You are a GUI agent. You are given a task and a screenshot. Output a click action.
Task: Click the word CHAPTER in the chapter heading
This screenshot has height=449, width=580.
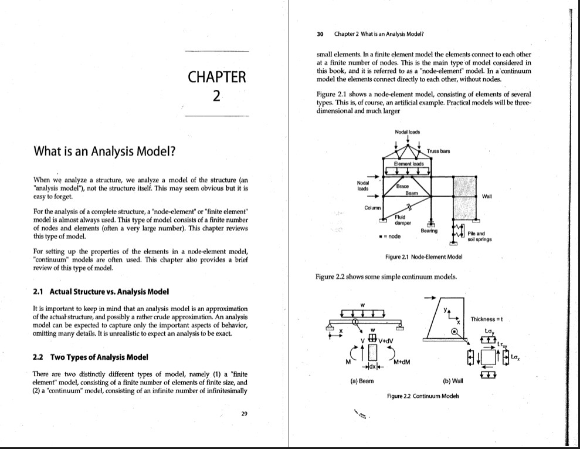[x=216, y=77]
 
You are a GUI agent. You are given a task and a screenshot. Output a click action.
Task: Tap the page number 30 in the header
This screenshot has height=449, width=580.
[x=320, y=33]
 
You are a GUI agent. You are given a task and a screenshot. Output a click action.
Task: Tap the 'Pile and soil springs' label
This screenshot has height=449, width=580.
[x=477, y=237]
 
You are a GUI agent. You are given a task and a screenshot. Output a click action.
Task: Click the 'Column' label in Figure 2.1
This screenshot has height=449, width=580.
[x=371, y=207]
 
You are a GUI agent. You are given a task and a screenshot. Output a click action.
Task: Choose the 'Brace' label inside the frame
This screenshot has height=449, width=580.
[x=402, y=185]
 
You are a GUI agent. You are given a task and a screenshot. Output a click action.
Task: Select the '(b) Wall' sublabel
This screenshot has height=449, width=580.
[x=453, y=380]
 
